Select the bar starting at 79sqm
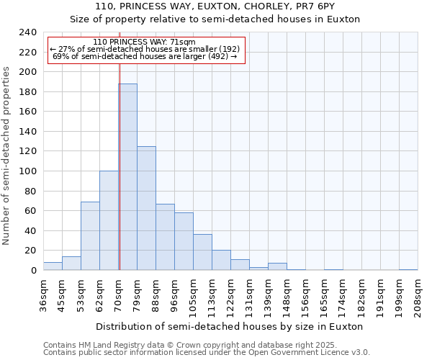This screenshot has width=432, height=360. click(x=146, y=209)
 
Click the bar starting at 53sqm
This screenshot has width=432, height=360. click(x=90, y=236)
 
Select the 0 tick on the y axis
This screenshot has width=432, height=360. click(x=33, y=271)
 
